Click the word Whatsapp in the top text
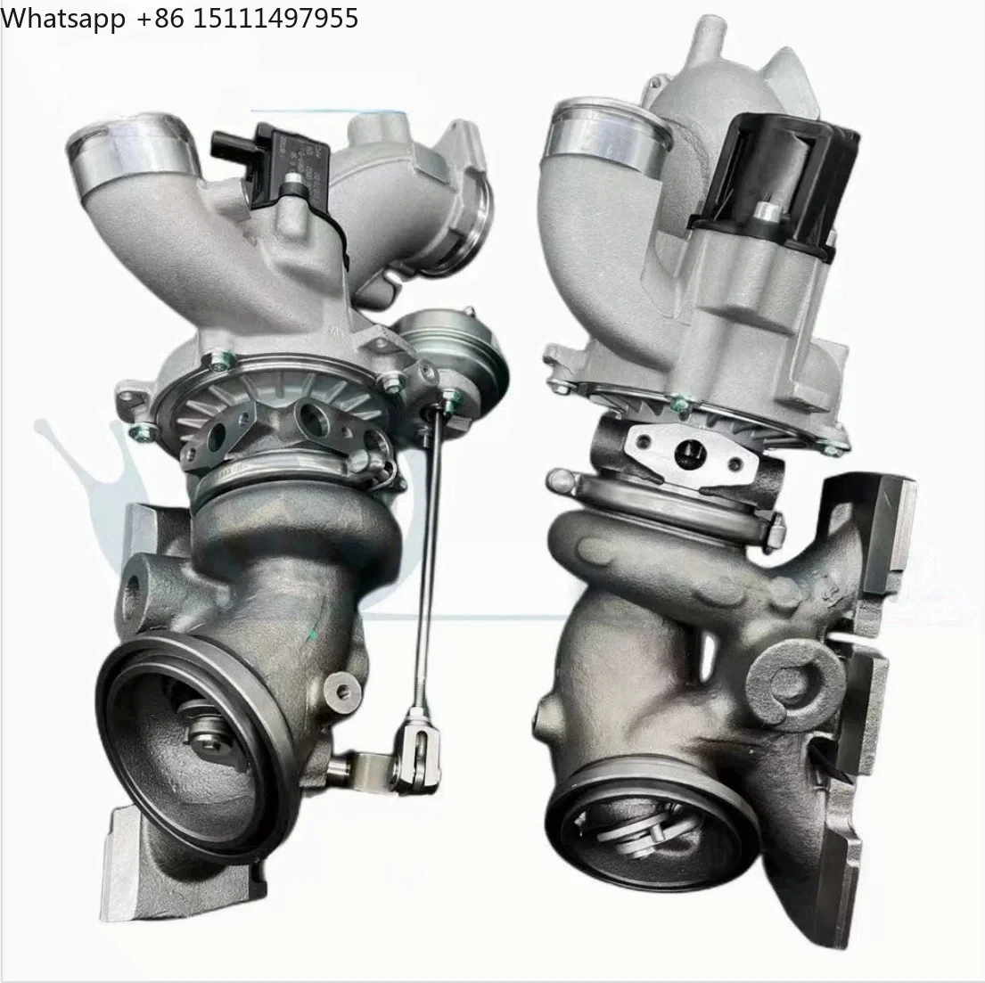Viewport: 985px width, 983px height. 63,18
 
